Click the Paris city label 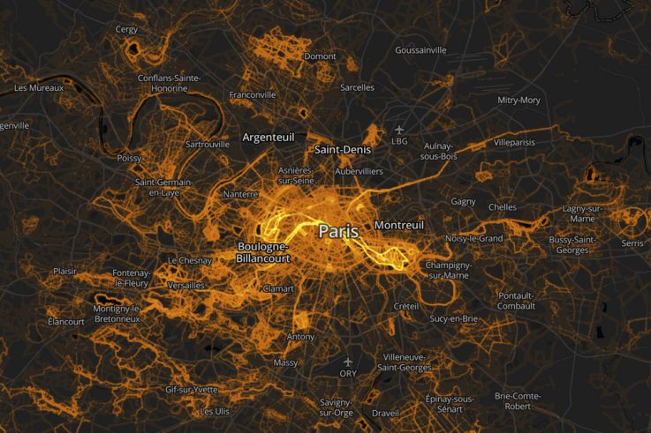338,231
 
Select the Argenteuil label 269,138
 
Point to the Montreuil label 399,225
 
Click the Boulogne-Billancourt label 262,252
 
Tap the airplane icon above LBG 399,130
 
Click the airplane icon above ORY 348,362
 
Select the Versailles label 185,285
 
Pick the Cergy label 126,29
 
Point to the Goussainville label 420,50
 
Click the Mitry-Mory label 519,100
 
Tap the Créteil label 405,305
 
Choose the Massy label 285,362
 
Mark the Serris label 632,243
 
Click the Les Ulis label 215,411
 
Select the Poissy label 128,158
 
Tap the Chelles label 502,207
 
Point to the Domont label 320,56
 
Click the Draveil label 386,412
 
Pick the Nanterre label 240,193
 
